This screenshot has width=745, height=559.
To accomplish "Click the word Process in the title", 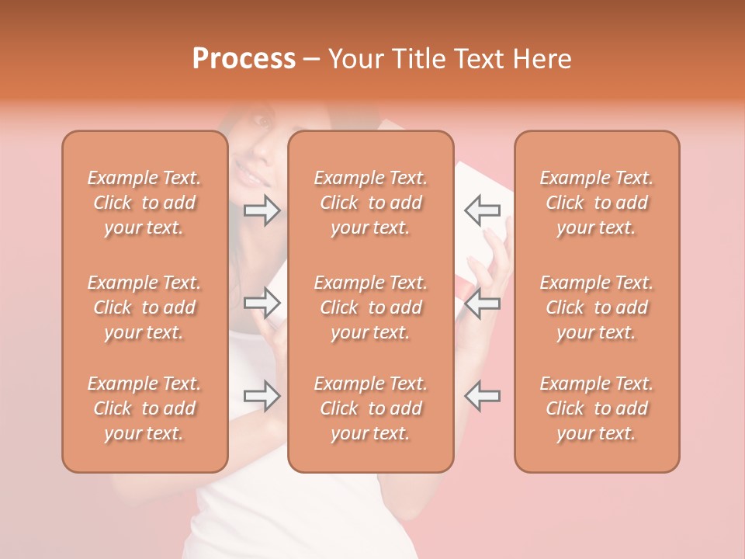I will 244,59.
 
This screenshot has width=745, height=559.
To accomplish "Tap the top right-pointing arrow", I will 262,210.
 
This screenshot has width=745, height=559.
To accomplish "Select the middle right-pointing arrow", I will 262,303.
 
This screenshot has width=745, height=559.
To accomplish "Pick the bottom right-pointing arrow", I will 262,396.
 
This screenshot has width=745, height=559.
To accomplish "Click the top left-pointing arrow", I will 483,210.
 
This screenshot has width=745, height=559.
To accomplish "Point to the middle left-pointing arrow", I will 483,303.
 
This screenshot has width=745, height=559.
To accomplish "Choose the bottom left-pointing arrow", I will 483,396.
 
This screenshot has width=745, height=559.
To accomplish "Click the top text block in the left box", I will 144,203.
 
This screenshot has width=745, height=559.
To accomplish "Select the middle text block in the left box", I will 144,307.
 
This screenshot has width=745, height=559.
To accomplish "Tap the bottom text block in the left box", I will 144,408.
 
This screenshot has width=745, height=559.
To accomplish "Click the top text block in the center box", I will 371,203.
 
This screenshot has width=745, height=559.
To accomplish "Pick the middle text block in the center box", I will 371,307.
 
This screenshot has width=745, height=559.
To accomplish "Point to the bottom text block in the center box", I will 371,408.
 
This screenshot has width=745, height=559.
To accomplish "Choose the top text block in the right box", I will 597,203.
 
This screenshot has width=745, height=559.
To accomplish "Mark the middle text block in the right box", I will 597,307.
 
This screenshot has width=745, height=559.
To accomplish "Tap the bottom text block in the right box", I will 597,408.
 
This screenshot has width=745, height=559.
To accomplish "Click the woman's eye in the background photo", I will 262,123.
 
